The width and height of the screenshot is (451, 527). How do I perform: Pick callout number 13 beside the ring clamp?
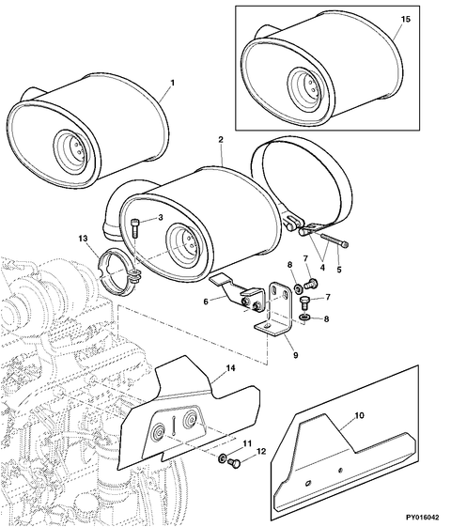point(83,240)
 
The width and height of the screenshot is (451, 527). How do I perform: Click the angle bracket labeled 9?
point(277,310)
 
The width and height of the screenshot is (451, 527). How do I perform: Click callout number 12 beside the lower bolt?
point(262,452)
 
